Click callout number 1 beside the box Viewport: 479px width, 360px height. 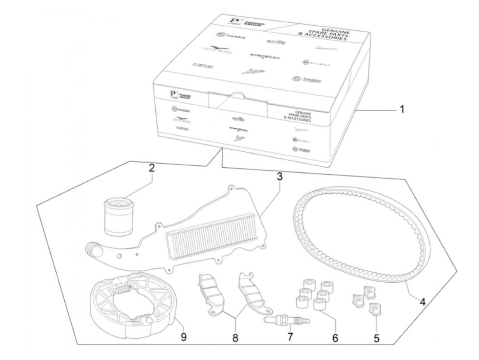(x=402, y=110)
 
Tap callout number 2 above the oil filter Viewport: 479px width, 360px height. (x=152, y=168)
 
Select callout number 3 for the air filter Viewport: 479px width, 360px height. (x=280, y=177)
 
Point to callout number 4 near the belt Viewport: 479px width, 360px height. (x=423, y=302)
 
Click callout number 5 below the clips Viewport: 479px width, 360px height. (x=376, y=338)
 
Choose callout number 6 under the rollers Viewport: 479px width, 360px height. (x=335, y=338)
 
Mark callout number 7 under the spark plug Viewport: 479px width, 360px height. (x=290, y=337)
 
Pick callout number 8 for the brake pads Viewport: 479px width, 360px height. (x=235, y=338)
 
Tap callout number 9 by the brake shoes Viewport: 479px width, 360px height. (x=184, y=337)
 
